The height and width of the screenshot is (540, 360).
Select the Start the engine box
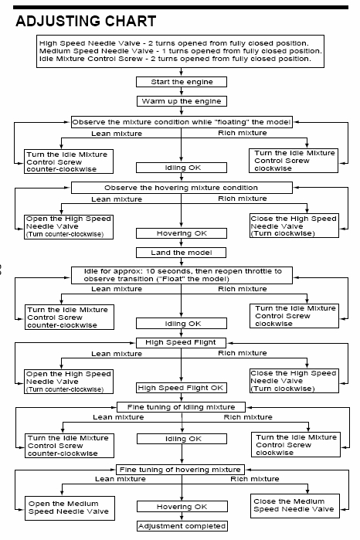pos(182,82)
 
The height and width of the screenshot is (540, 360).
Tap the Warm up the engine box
pos(182,101)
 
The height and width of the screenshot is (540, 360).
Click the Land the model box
pos(182,253)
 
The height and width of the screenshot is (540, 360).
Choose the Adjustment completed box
pos(182,526)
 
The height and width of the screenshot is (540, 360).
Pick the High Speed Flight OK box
pos(181,388)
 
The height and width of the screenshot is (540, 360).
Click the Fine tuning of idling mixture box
pos(182,407)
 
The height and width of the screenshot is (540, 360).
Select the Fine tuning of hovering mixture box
pos(180,470)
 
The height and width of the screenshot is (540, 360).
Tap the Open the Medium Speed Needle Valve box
pos(70,508)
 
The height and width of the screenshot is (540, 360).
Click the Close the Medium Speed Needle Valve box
pos(295,506)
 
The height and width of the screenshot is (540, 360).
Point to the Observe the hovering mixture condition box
pos(182,188)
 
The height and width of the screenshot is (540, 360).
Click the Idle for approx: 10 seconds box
pos(182,275)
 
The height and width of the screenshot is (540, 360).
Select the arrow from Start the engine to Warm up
pos(182,92)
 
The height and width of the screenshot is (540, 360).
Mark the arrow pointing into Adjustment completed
pos(182,517)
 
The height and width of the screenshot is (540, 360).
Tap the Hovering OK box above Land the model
pos(182,233)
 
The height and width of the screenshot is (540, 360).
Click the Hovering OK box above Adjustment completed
pos(182,507)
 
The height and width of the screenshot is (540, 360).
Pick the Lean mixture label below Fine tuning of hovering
pos(121,479)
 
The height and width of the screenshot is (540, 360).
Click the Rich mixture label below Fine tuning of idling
pos(248,417)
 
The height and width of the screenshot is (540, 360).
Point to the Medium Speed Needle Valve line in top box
pos(181,51)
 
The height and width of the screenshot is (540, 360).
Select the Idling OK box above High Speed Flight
pos(182,324)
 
